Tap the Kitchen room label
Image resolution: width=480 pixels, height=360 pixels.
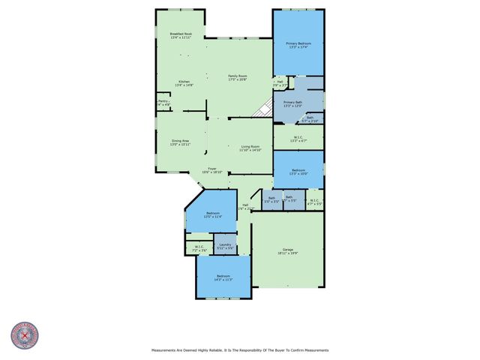184,83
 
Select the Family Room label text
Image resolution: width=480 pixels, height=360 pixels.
238,77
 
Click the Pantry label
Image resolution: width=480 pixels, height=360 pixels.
163,101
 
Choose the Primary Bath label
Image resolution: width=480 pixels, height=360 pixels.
292,103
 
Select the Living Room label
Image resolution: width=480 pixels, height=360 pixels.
250,148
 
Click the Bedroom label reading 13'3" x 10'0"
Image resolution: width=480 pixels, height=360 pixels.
298,172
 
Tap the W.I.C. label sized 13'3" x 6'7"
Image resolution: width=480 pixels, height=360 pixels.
298,139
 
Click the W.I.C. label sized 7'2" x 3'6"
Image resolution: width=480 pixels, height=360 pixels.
199,248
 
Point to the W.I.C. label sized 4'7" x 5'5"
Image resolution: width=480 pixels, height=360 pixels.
314,202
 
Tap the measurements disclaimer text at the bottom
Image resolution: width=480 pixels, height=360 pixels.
240,349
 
